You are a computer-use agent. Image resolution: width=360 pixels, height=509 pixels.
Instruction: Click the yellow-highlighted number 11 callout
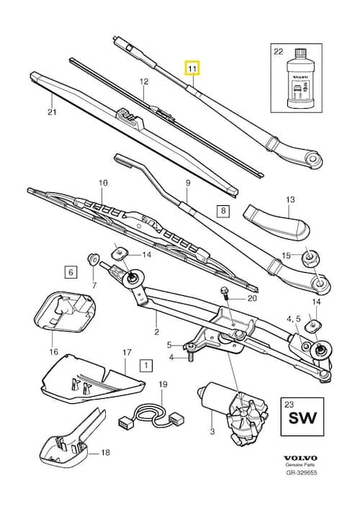coord(192,68)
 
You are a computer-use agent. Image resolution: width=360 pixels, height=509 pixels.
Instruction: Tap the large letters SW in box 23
coord(302,418)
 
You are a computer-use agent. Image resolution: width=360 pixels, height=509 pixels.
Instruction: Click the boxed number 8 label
coord(223,211)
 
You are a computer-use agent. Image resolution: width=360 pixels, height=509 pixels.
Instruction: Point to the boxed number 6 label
coord(71,271)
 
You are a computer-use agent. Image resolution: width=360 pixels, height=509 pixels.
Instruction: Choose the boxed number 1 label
coord(146,366)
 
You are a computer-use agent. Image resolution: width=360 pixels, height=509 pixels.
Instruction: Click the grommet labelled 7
coord(93,259)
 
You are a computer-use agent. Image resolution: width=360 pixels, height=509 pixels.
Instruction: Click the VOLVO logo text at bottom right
coord(300,458)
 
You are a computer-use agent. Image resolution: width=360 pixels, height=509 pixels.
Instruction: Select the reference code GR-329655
coord(301,472)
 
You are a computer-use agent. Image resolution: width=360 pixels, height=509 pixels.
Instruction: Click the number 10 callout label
coord(103,183)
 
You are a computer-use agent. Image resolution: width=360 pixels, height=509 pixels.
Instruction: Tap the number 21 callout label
coord(52,112)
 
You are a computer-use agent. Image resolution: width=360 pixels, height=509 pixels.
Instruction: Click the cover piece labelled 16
coord(66,312)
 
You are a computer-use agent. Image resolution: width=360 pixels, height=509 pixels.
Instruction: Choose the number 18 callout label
coord(106,452)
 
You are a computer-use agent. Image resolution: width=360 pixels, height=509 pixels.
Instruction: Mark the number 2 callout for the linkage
coord(157,332)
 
